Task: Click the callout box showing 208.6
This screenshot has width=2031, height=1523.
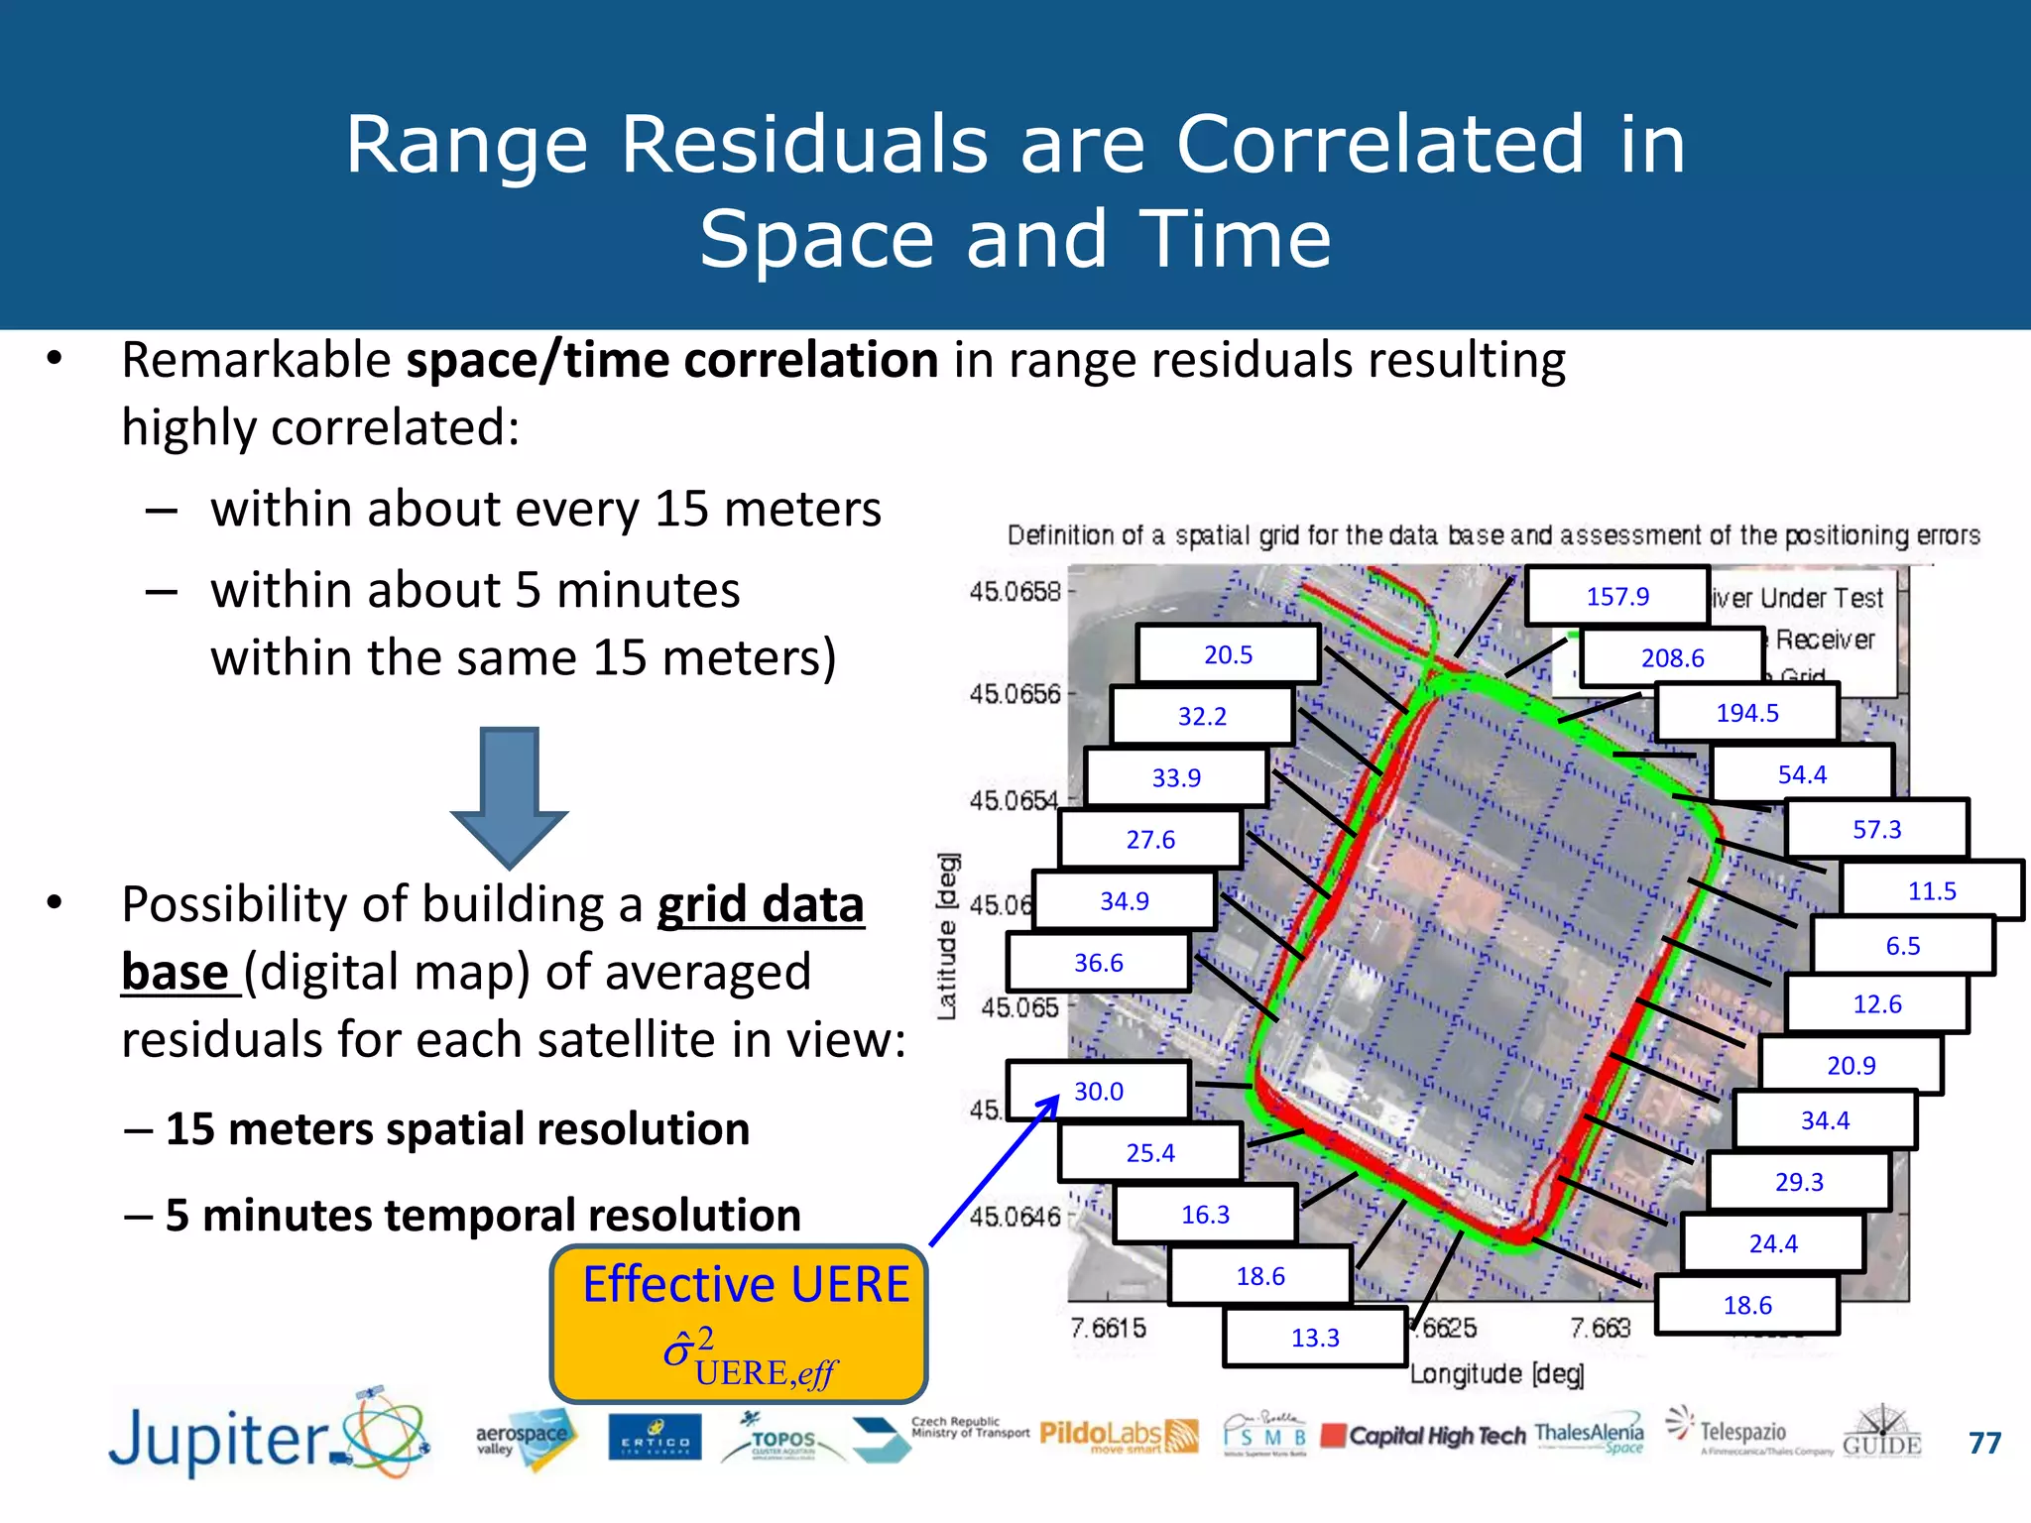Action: click(x=1672, y=657)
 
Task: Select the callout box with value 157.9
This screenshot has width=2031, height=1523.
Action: click(x=1617, y=596)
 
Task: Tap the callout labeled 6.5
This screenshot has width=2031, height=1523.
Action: click(x=1902, y=945)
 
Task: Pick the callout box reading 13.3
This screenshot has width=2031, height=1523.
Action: click(x=1315, y=1338)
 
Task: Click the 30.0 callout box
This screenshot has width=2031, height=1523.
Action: click(x=1099, y=1091)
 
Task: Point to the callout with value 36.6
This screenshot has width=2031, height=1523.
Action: click(x=1099, y=963)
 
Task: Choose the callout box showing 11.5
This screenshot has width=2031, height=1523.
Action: click(x=1931, y=890)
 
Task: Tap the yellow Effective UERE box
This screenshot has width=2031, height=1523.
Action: click(x=740, y=1324)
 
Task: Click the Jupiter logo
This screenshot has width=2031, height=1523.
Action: click(x=268, y=1438)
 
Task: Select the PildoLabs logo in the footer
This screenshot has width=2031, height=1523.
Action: click(x=1118, y=1435)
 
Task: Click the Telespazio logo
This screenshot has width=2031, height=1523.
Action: click(x=1741, y=1433)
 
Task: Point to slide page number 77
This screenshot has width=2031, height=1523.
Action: click(x=1984, y=1443)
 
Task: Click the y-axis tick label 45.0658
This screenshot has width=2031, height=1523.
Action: click(x=1015, y=592)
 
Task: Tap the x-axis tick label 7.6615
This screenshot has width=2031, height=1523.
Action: click(x=1108, y=1328)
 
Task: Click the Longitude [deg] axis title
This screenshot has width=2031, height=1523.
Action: click(x=1496, y=1374)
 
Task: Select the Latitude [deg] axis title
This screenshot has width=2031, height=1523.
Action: click(x=947, y=935)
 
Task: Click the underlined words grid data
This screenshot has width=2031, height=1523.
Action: click(x=761, y=904)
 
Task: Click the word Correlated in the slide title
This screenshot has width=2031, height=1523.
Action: click(x=1380, y=145)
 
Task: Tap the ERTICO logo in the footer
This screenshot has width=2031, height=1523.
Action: click(x=655, y=1438)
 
